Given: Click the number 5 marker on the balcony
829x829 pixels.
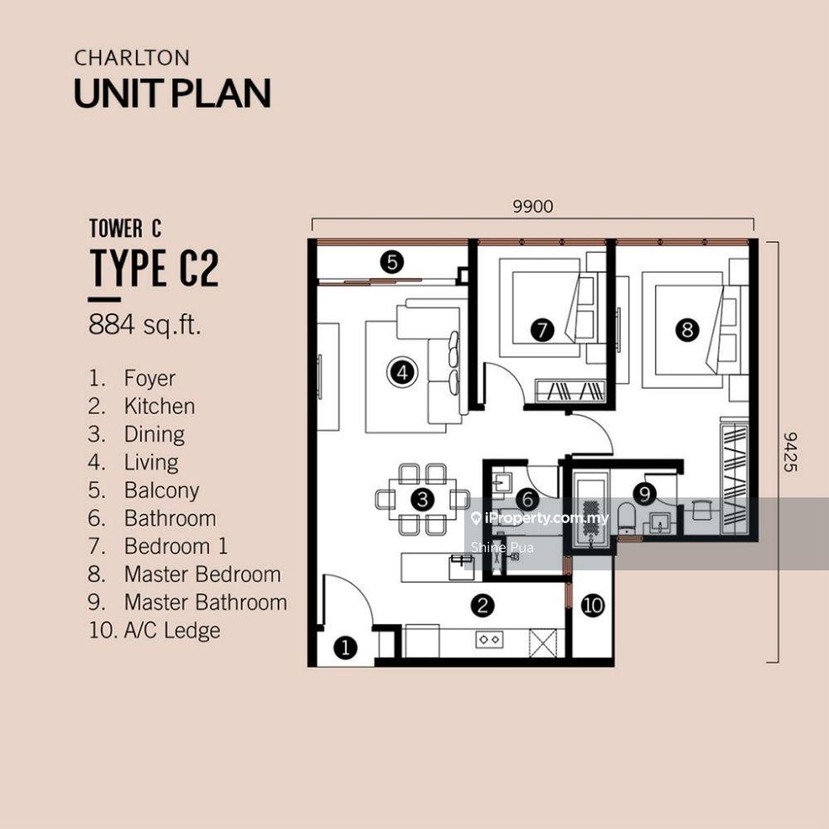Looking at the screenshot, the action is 392,262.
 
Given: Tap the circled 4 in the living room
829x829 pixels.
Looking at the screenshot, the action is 402,372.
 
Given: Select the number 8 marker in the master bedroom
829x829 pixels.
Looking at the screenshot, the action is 686,331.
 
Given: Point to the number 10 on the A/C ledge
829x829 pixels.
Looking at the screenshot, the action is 593,605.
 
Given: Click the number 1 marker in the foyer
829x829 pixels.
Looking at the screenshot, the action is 345,647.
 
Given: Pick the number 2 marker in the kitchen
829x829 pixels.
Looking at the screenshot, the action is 482,605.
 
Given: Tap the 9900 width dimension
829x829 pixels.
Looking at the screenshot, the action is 533,206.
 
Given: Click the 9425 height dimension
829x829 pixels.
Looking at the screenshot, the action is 790,452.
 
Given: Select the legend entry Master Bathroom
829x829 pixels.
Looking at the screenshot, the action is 206,602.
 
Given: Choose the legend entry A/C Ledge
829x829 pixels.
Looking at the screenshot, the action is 172,630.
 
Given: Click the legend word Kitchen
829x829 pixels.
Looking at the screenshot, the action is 160,406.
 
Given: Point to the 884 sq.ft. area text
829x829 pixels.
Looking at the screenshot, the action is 145,325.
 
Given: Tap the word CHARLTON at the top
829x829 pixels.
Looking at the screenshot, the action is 132,58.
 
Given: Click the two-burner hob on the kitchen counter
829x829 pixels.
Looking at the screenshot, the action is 489,640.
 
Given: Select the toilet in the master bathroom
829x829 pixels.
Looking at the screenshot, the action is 627,518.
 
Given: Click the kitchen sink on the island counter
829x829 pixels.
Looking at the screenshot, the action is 461,567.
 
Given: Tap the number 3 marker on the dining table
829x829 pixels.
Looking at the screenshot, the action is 422,499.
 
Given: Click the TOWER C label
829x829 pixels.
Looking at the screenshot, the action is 125,229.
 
